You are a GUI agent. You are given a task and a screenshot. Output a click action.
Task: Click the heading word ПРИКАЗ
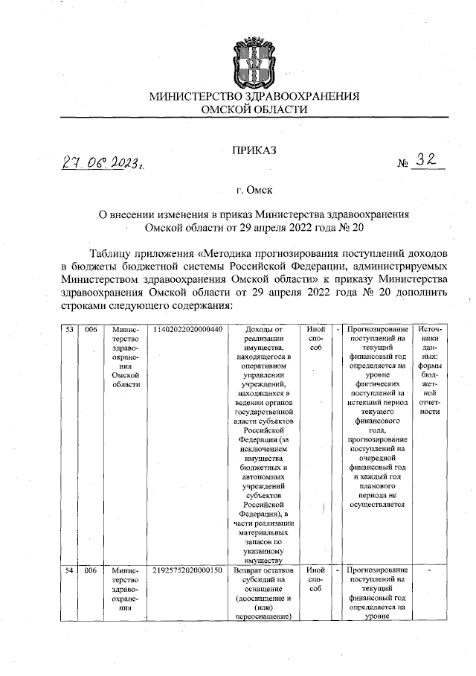click(x=254, y=151)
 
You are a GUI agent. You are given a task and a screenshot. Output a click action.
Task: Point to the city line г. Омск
click(x=254, y=191)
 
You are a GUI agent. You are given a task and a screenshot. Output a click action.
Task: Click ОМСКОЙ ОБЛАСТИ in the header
click(x=254, y=109)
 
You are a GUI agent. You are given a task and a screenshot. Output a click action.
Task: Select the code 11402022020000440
click(x=187, y=329)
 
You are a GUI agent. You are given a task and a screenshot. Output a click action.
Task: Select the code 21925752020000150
click(x=187, y=570)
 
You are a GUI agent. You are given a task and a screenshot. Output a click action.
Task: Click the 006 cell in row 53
click(x=91, y=329)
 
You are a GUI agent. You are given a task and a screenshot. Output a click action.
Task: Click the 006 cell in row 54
click(x=91, y=570)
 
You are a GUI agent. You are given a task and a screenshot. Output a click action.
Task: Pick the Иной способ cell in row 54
click(x=315, y=579)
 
